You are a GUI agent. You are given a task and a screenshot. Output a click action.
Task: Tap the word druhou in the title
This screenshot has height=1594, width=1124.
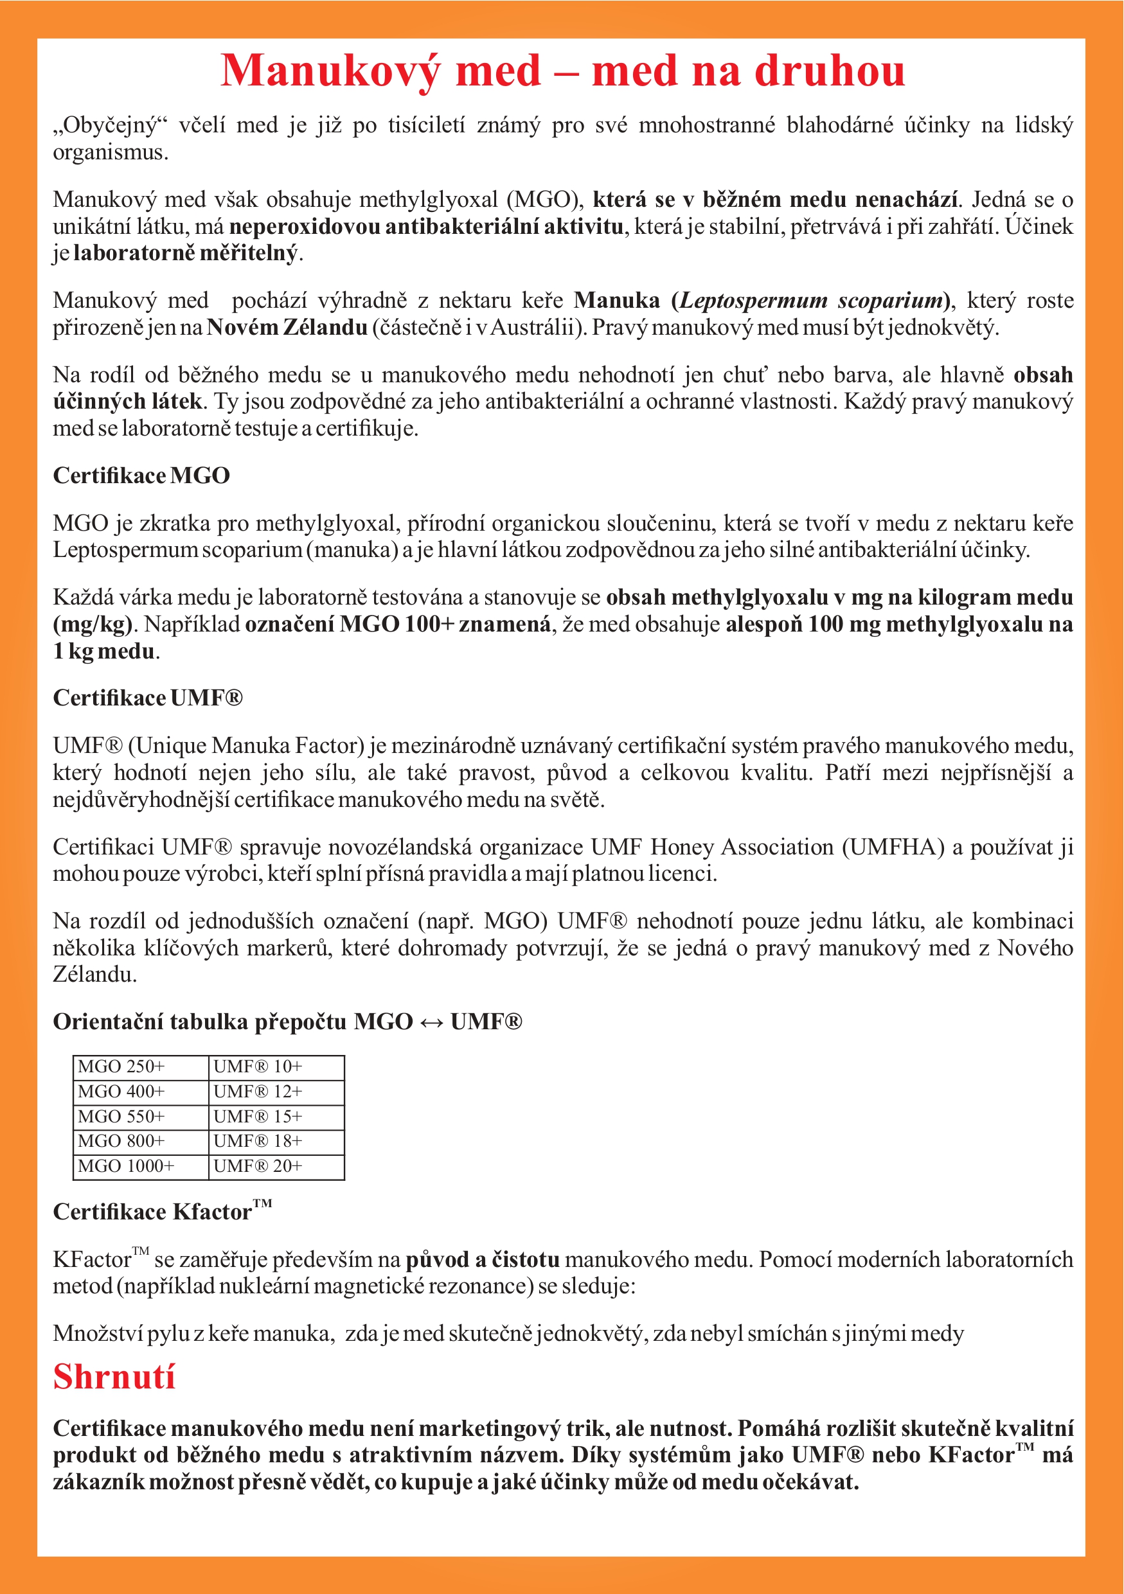pos(830,71)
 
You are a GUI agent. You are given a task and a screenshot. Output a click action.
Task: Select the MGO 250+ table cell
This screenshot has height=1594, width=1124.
pos(141,1067)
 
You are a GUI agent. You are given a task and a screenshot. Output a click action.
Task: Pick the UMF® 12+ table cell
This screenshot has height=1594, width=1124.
pos(276,1092)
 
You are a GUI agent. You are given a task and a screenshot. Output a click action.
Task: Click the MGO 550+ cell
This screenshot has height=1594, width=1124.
pos(141,1117)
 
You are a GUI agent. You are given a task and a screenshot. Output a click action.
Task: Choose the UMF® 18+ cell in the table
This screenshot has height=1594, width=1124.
pos(276,1141)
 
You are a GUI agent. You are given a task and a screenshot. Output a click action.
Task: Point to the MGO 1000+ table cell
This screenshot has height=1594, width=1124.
pos(141,1166)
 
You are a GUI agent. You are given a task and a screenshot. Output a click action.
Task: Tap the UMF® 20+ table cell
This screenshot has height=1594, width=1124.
pos(276,1166)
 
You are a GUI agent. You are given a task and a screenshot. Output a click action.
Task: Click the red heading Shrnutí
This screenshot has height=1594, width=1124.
pos(114,1377)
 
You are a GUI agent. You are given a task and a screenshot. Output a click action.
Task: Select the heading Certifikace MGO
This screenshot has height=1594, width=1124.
pos(141,475)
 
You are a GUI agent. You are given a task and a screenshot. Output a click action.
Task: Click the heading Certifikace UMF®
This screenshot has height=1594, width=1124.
pos(148,698)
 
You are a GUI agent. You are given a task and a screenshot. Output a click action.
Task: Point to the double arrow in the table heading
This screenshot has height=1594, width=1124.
pos(431,1022)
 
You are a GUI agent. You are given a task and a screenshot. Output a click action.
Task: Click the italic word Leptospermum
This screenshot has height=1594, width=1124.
pos(753,300)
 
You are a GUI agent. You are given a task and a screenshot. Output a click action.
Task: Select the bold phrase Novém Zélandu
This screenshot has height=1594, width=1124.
pos(287,327)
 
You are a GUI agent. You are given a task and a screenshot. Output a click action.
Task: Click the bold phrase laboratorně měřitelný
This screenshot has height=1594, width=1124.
pos(185,252)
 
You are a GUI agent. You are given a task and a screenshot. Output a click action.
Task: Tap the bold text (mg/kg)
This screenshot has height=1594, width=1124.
pos(93,624)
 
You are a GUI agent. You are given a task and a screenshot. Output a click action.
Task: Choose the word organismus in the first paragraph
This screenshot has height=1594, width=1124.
pos(111,152)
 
